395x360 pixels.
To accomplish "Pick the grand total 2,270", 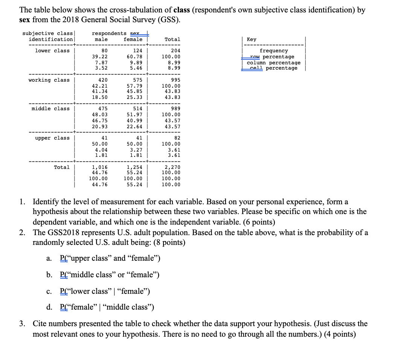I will point(173,167).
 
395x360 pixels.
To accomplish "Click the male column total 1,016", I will point(100,167).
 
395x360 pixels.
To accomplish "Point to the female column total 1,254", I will point(134,167).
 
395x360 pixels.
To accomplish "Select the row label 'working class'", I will point(49,80).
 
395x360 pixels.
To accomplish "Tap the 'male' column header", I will point(101,39).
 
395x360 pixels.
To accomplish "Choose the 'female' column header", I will point(133,39).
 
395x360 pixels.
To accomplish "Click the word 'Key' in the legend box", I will point(252,39).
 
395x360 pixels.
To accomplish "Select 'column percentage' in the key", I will point(274,62).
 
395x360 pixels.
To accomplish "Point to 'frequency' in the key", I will point(274,51).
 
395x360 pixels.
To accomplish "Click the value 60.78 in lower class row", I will point(134,56).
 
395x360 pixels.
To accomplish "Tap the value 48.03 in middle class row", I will point(100,115).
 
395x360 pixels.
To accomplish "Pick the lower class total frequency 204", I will point(175,51).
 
